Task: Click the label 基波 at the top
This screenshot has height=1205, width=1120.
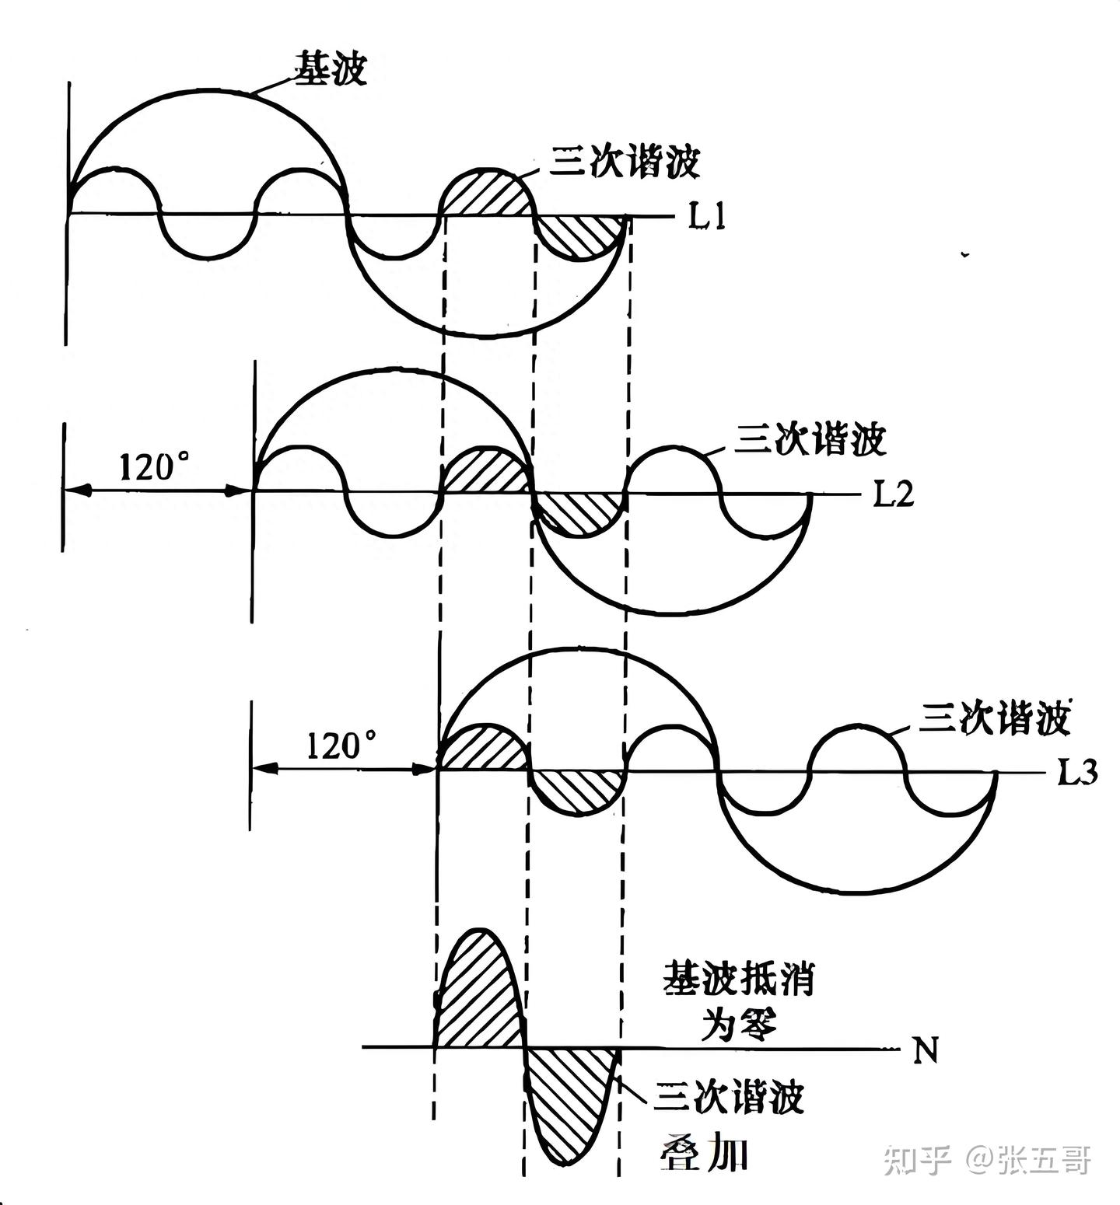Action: click(x=330, y=68)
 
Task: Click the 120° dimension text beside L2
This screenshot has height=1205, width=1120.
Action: click(x=154, y=466)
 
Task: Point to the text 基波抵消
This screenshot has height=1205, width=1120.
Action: click(x=738, y=979)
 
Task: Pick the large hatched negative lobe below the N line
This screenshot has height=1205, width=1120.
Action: click(x=572, y=1104)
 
